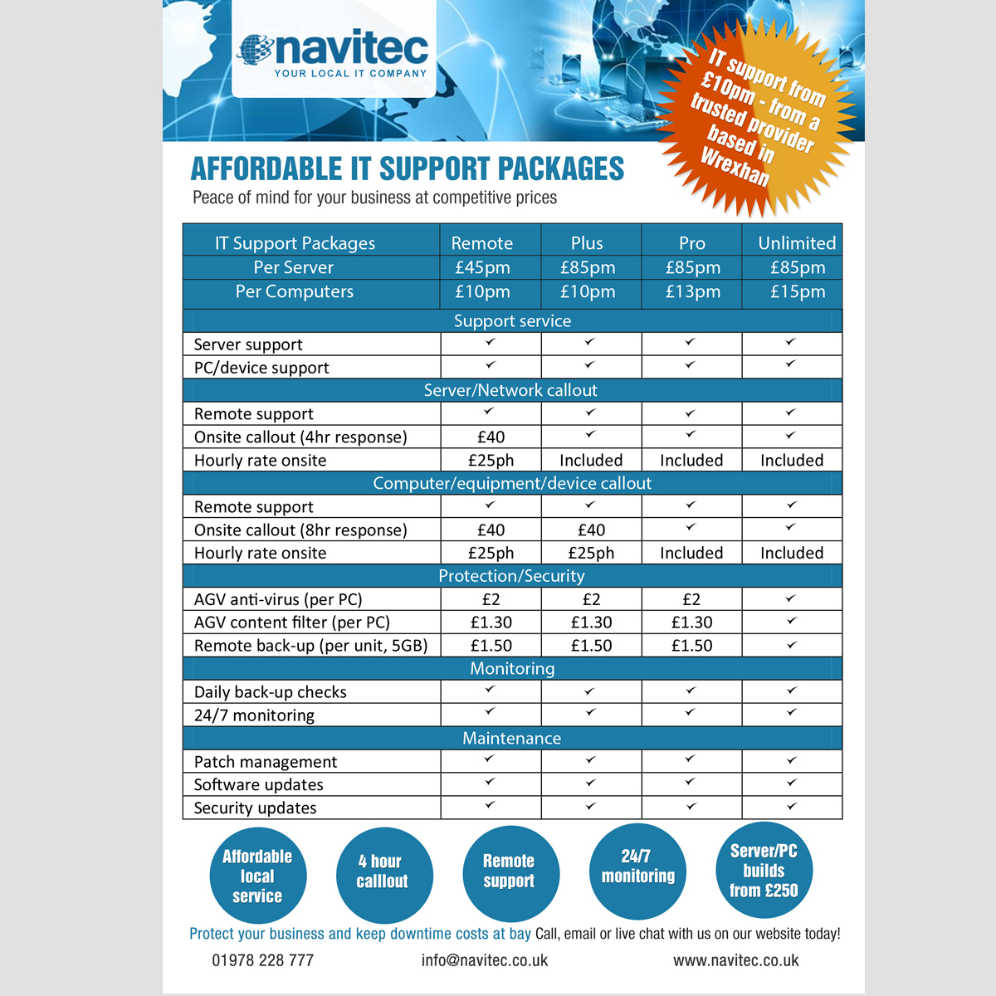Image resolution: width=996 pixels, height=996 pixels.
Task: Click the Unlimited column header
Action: pos(796,243)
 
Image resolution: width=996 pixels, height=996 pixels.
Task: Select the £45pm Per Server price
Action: pos(482,267)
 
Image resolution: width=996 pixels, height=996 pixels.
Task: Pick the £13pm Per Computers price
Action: pos(692,291)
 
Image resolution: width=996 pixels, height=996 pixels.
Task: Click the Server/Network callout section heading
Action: pos(510,390)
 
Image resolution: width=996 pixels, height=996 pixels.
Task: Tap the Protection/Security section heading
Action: pos(511,576)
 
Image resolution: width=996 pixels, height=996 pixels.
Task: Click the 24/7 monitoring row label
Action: pos(254,715)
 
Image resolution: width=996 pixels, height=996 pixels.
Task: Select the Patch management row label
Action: pos(266,762)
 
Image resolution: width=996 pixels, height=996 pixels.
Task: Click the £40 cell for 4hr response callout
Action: pos(491,437)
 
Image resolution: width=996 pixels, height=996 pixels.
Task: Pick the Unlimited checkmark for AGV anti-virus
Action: pos(791,598)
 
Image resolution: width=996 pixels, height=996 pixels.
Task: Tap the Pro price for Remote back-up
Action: pos(691,646)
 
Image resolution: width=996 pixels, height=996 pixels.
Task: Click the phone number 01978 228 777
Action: pos(262,960)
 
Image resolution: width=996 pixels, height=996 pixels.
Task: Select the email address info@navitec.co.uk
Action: pos(485,960)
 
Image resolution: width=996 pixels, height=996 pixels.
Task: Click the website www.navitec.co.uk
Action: pos(735,960)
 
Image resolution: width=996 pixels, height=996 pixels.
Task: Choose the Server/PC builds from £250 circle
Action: pos(764,871)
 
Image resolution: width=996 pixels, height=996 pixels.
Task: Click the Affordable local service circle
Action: pos(257,876)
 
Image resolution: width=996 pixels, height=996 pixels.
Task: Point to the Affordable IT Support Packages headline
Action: pos(407,169)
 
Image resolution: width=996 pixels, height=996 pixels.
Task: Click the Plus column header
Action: pos(587,243)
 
